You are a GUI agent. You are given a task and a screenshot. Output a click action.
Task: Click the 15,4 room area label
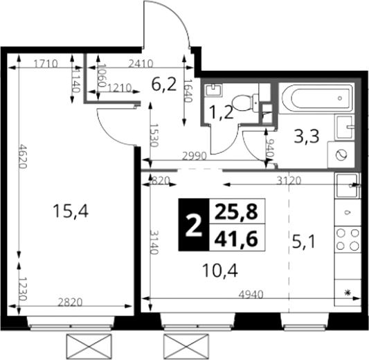pos(71,211)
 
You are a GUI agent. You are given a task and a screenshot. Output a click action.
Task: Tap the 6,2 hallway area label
pos(164,84)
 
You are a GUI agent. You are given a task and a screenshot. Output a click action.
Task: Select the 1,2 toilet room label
pos(222,112)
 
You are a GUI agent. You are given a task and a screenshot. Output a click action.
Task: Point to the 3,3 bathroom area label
pos(307,136)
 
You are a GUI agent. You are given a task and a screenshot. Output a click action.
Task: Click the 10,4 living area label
pos(220,271)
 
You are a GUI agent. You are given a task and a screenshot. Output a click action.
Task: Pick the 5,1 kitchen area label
pos(303,242)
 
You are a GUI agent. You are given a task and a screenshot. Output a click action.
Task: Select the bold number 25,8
pos(237,211)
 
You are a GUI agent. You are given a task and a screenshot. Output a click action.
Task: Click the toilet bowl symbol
pos(245,102)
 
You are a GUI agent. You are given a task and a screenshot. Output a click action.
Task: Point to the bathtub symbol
pos(316,98)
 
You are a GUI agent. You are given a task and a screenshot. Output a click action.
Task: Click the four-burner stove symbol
pos(348,240)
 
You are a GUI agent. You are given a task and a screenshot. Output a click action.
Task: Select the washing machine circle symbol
pos(341,155)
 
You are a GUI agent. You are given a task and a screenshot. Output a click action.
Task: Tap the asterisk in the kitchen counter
pos(348,293)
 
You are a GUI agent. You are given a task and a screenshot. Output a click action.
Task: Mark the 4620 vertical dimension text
pos(24,156)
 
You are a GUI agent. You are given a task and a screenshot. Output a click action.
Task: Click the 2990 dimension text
pos(195,156)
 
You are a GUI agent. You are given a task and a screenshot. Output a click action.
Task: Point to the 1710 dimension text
pos(46,64)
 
